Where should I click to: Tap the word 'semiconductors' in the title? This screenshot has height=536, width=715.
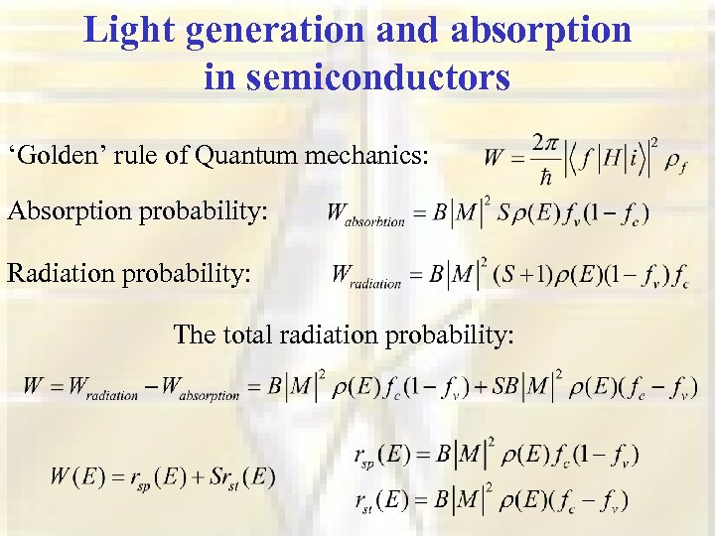point(357,76)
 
